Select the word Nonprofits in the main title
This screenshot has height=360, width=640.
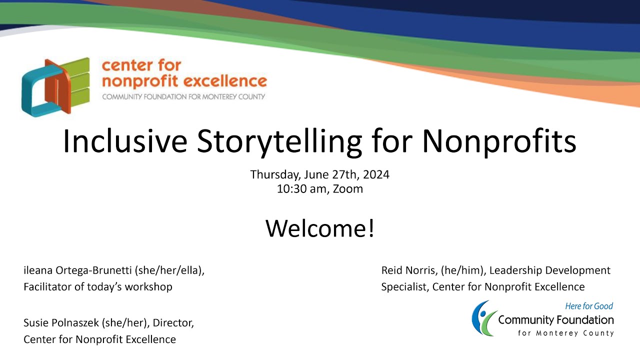point(498,141)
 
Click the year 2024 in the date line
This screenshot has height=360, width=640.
point(376,175)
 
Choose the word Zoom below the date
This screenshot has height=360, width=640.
point(347,189)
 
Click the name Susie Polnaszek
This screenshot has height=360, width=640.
point(61,323)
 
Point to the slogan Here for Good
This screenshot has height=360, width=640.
point(588,306)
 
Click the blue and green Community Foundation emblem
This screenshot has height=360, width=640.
point(482,318)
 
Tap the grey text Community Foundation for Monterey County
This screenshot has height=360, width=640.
point(183,96)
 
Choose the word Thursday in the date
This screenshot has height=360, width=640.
point(272,175)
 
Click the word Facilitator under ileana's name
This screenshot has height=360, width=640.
point(49,287)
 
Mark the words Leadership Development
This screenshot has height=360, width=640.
point(549,270)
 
